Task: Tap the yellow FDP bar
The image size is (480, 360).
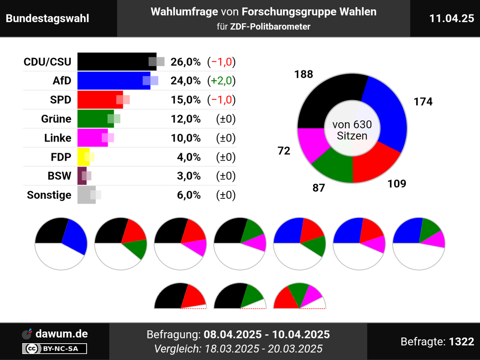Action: point(83,157)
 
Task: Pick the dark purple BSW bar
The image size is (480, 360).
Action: point(82,176)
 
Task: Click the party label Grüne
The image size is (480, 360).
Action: point(56,119)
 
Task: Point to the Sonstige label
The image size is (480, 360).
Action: point(49,195)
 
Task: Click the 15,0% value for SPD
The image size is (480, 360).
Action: point(186,100)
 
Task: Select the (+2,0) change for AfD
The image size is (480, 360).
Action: point(221,81)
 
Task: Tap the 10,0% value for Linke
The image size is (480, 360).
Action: point(186,138)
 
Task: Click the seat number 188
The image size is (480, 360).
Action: point(304,74)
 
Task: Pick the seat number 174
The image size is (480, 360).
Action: point(423,102)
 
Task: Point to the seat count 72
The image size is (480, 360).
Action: point(284,150)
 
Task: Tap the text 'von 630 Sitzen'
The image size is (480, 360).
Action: point(352,130)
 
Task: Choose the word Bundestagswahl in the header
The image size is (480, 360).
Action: point(47,18)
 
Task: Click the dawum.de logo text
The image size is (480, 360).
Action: point(61,334)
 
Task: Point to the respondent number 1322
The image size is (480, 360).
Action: point(461,342)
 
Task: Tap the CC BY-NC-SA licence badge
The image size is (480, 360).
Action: point(54,348)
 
